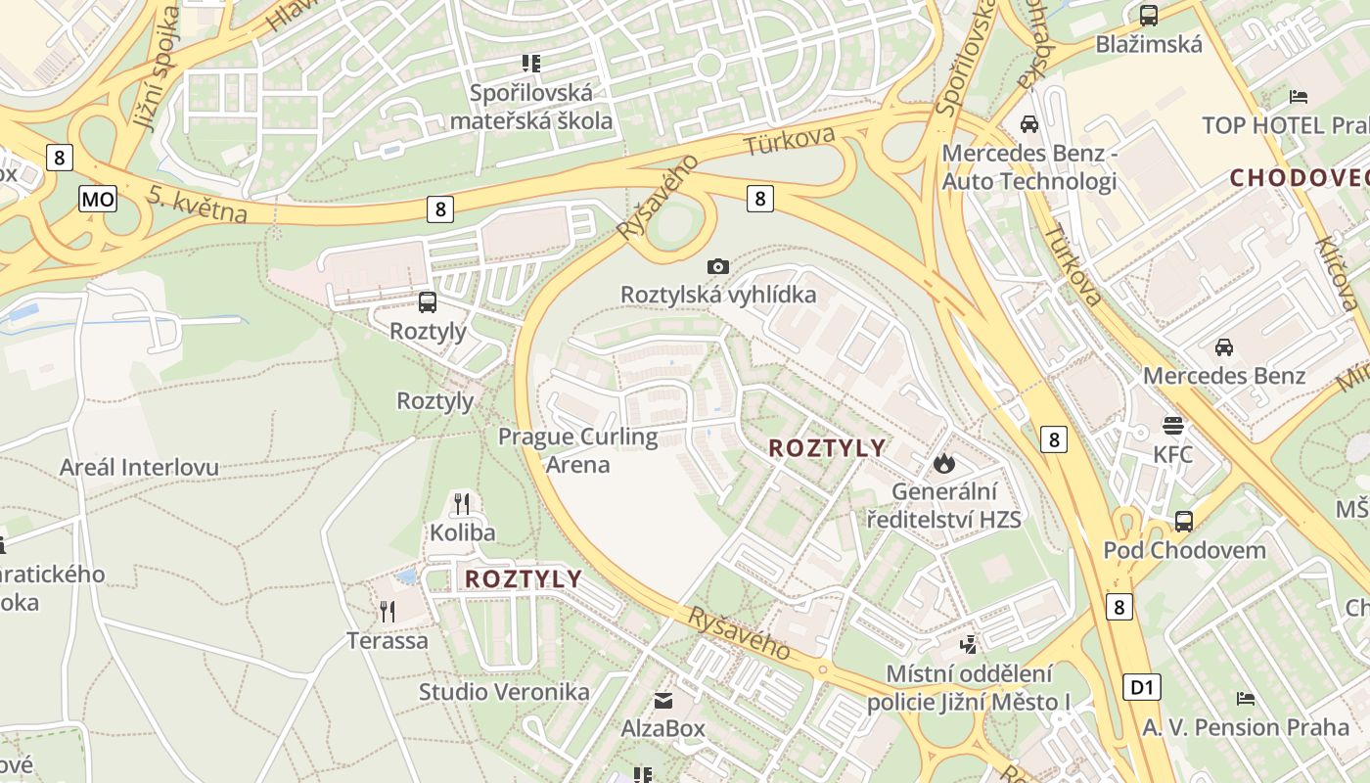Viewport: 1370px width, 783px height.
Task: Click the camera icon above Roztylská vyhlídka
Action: click(717, 266)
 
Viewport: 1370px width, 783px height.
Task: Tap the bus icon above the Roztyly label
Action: click(428, 302)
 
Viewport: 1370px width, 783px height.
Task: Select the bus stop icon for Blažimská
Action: click(1149, 16)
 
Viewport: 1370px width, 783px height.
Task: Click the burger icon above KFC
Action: click(1172, 426)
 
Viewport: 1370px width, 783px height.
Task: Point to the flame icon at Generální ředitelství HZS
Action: click(943, 462)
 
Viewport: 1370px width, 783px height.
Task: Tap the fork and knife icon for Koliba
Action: click(462, 504)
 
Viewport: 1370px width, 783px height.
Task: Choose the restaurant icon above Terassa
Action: click(388, 612)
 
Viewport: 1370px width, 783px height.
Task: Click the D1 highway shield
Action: click(1141, 687)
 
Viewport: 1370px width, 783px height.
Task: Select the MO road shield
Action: click(98, 200)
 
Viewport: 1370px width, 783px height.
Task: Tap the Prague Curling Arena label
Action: click(577, 450)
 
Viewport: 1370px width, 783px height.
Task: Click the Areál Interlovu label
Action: click(139, 468)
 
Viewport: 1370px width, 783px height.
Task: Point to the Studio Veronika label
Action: click(504, 692)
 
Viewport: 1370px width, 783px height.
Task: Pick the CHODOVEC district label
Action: click(1299, 178)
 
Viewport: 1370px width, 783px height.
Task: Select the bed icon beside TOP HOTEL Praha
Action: click(1299, 96)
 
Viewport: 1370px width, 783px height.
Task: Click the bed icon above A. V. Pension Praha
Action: click(1245, 698)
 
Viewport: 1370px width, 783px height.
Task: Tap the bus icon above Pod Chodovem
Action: click(1184, 521)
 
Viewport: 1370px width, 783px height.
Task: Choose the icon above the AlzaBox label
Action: click(663, 700)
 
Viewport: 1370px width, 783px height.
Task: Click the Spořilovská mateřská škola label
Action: click(531, 107)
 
